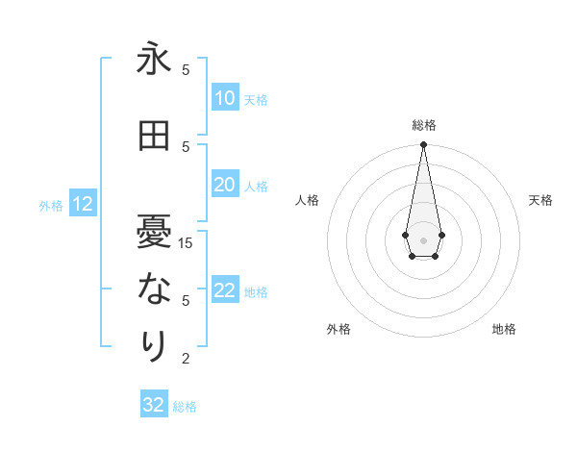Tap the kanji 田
[154, 136]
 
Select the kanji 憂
[154, 230]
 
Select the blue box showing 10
[224, 98]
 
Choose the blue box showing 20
[224, 185]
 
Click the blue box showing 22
[224, 291]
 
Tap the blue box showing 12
[82, 204]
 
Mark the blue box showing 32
[154, 405]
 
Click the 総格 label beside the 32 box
[185, 407]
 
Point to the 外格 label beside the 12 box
[51, 205]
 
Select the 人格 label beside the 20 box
[256, 187]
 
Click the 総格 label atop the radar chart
[423, 125]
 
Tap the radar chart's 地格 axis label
[504, 329]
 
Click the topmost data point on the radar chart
[423, 145]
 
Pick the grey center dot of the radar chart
[423, 239]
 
